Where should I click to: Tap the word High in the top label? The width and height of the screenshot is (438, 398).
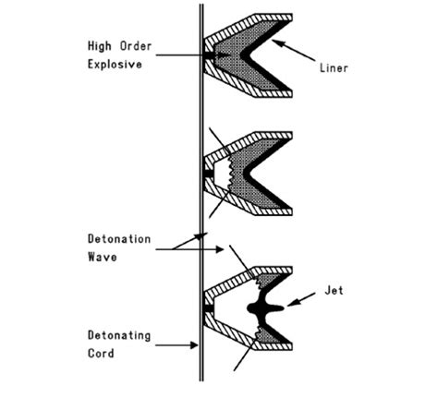(x=103, y=44)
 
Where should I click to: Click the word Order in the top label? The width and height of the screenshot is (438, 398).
(x=140, y=44)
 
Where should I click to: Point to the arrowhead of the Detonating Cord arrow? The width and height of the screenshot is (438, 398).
(x=196, y=345)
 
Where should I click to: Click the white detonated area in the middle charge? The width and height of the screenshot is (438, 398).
(x=225, y=171)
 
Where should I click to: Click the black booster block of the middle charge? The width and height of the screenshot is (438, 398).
(x=207, y=172)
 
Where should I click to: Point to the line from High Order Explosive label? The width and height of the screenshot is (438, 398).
(x=180, y=56)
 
